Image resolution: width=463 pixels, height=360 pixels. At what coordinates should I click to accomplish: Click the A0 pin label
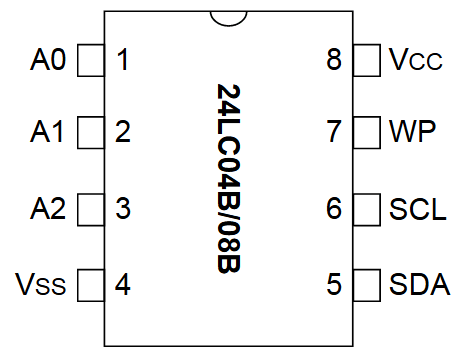(48, 60)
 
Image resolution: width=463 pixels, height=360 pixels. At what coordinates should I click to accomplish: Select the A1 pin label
(48, 132)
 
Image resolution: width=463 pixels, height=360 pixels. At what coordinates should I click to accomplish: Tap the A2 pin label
(48, 209)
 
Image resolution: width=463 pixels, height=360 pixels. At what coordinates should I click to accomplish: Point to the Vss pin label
(41, 284)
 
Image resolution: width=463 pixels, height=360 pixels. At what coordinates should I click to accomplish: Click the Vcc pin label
(414, 60)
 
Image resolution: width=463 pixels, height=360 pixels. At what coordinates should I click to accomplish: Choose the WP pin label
(411, 132)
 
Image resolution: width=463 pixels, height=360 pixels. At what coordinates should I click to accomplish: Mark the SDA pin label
(419, 284)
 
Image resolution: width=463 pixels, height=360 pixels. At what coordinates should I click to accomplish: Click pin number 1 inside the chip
(123, 60)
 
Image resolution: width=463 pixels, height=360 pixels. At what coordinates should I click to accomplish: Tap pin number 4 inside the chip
(123, 284)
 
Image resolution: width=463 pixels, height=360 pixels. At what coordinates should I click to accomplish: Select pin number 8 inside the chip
(334, 60)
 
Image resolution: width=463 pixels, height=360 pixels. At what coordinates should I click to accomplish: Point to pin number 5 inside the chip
(334, 284)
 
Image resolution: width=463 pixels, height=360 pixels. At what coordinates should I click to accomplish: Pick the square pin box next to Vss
(91, 284)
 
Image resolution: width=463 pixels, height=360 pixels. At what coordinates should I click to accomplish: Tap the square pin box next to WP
(367, 132)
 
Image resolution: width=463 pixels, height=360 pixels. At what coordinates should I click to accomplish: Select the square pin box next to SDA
(367, 284)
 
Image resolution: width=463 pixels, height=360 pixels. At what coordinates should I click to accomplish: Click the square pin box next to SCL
(367, 209)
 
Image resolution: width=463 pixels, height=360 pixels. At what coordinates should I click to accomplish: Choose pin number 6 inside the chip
(334, 209)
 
